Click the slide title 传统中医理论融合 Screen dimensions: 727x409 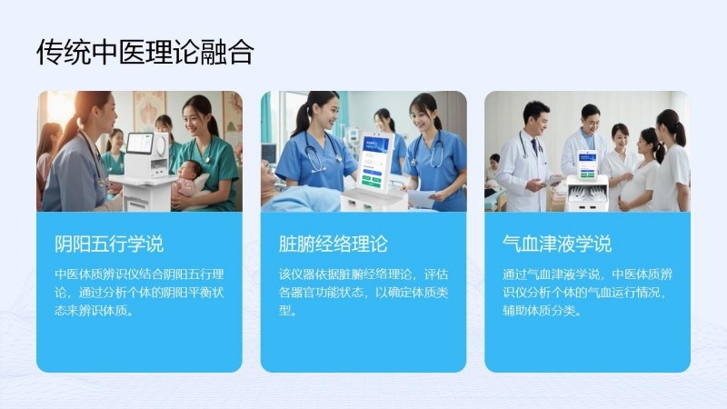pos(145,52)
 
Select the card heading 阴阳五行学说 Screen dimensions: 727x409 pos(109,244)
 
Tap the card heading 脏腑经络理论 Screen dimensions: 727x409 pos(333,244)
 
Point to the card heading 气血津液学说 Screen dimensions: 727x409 pos(557,244)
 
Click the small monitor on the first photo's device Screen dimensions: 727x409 pos(140,144)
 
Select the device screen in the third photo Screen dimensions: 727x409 pos(586,164)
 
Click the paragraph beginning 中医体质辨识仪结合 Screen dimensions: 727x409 pos(140,293)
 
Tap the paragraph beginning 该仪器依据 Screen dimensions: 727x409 pos(363,293)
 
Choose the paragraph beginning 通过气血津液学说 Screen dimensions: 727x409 pos(587,293)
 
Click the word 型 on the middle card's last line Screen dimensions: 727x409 pos(284,311)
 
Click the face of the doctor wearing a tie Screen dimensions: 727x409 pos(536,121)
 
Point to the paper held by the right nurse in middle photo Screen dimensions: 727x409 pos(421,198)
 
